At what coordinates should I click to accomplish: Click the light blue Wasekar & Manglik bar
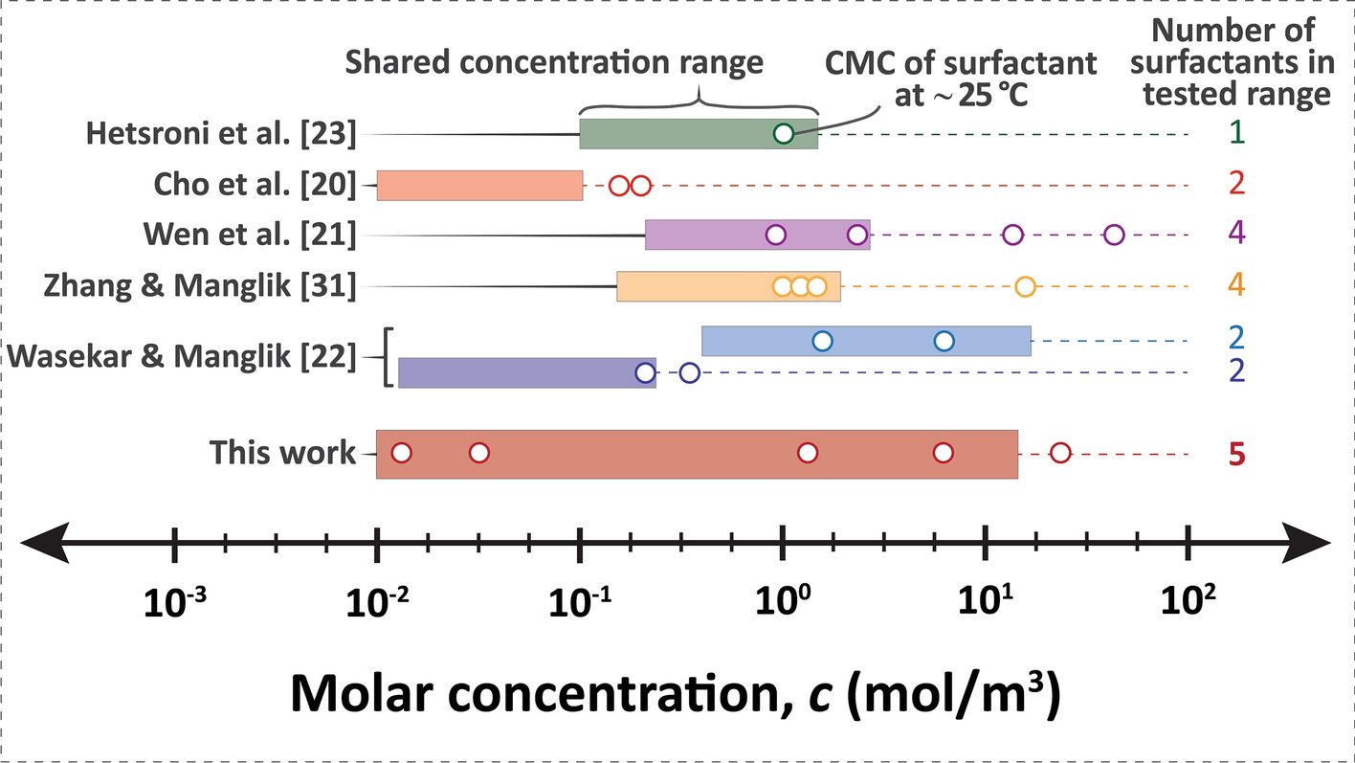866,341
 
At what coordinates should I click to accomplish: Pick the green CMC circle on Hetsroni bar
783,134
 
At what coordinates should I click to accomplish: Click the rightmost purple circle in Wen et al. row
1114,235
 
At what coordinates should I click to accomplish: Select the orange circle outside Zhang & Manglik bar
1025,286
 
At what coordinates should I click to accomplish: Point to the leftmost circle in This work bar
402,453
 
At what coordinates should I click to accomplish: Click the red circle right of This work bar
1060,453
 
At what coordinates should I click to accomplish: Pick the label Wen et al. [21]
250,235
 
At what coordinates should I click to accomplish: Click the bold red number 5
1237,455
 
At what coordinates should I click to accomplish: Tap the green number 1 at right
1237,134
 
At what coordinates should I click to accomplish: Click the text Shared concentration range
555,63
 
